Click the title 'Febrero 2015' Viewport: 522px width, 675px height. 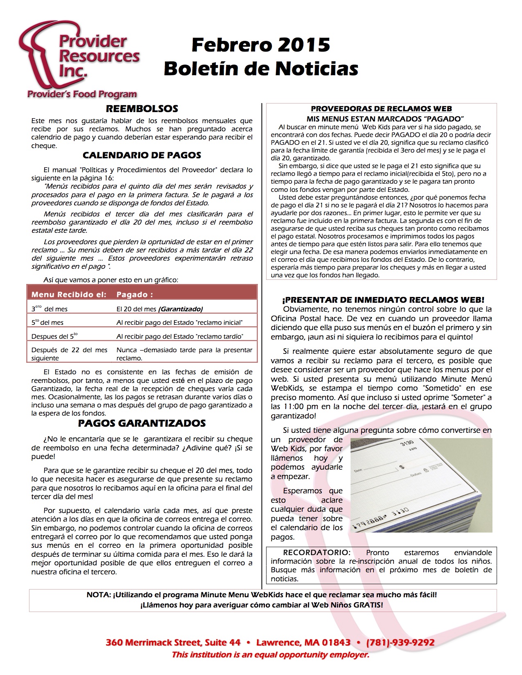[261, 45]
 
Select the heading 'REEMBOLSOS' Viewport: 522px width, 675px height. [142, 109]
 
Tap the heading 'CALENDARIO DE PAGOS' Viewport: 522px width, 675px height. [142, 155]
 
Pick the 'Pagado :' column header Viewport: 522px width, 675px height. [135, 295]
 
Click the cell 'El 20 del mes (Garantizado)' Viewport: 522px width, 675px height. [160, 309]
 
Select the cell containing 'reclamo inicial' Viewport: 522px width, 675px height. [179, 323]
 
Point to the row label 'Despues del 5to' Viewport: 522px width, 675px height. [54, 336]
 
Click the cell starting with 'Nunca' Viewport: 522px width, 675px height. [184, 354]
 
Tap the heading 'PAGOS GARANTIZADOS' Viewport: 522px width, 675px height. [142, 423]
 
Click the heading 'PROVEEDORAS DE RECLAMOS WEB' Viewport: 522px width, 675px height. [381, 109]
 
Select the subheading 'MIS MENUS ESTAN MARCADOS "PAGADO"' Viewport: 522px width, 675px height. [385, 119]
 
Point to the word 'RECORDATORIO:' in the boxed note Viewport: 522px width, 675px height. [317, 553]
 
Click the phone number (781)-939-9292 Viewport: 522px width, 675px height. [400, 643]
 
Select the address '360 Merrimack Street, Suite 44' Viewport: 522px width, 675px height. [173, 643]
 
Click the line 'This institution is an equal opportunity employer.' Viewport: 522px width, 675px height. [270, 655]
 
